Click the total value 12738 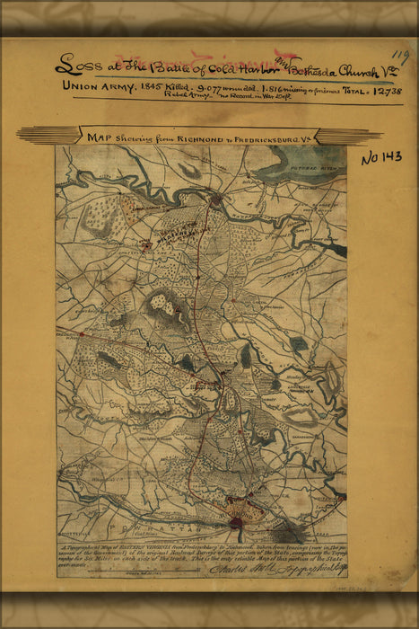point(383,91)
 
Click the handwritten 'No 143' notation point(381,158)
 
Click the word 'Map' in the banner point(98,137)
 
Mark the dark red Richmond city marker point(236,521)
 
